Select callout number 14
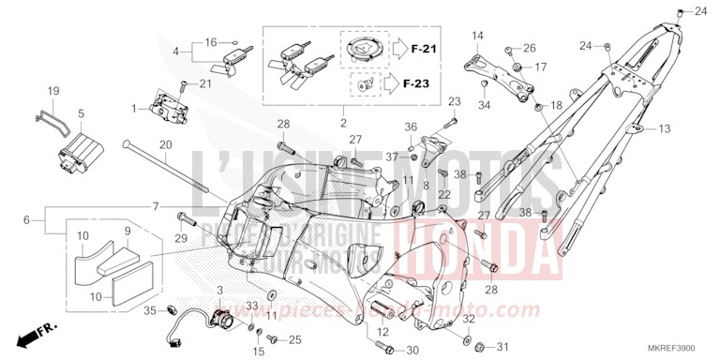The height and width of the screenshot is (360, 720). [476, 36]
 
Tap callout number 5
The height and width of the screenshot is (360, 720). [81, 113]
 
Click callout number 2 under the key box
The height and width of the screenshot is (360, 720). [343, 123]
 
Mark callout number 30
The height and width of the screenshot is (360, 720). [413, 351]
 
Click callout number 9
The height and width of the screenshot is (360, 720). [127, 229]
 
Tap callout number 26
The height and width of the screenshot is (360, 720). [531, 47]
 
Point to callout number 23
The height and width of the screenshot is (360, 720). [455, 101]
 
